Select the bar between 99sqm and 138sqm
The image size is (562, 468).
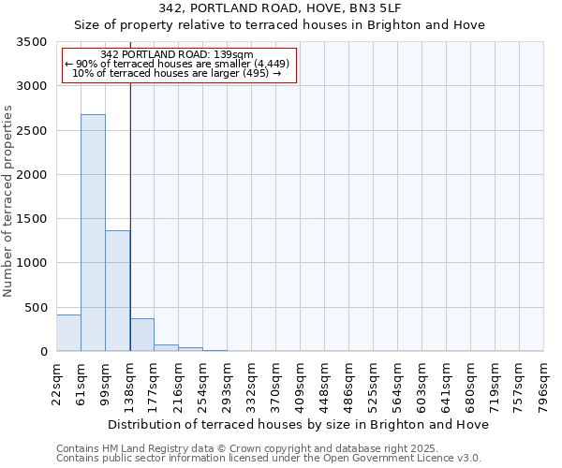click(117, 290)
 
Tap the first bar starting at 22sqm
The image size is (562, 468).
click(68, 333)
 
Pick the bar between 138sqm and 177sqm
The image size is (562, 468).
click(141, 335)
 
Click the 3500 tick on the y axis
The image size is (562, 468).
click(34, 42)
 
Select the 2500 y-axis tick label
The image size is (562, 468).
click(34, 131)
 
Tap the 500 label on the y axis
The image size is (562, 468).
click(37, 308)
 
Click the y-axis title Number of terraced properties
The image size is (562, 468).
click(9, 201)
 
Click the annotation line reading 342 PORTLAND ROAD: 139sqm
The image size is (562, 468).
click(176, 55)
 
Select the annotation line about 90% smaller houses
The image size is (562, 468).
click(176, 64)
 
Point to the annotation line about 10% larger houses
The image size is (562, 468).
click(176, 73)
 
